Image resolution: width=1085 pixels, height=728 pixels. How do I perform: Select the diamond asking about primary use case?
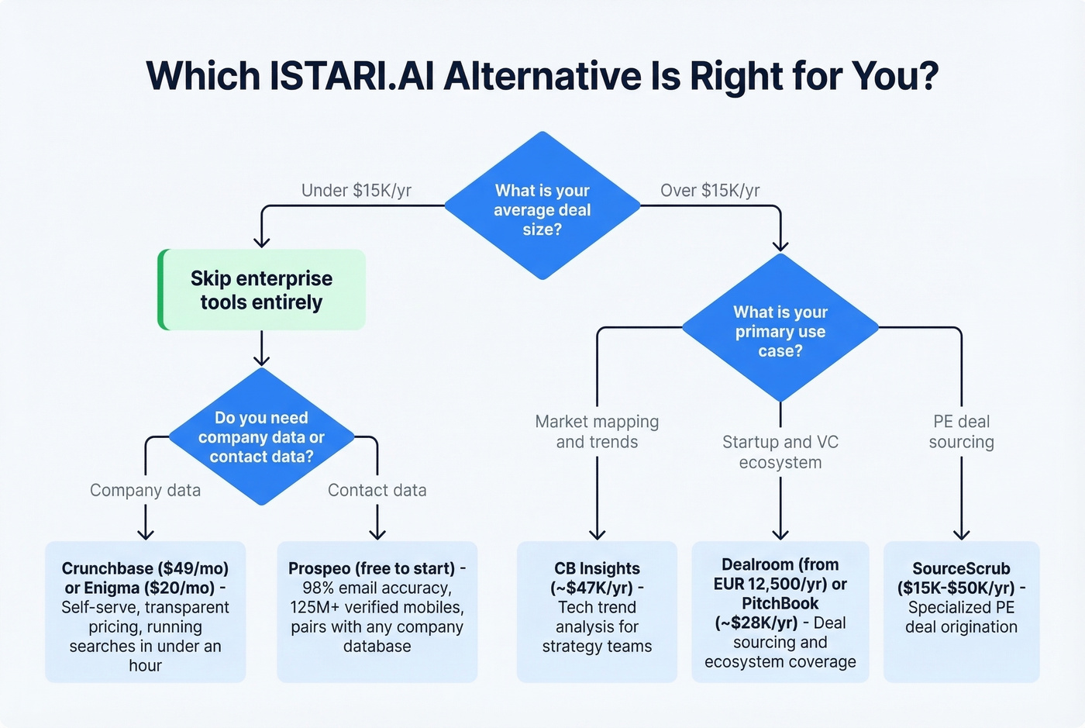pos(780,329)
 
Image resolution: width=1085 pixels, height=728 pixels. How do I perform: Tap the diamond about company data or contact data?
pos(261,437)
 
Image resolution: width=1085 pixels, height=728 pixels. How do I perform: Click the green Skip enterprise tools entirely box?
pos(262,290)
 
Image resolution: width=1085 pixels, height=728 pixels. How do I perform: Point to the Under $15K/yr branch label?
pos(356,191)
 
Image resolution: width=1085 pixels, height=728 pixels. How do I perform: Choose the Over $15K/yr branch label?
pos(710,191)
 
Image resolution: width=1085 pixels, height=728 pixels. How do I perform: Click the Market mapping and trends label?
pos(597,432)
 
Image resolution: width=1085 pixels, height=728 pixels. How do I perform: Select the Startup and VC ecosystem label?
pos(780,452)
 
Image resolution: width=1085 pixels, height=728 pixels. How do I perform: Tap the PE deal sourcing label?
pos(961,432)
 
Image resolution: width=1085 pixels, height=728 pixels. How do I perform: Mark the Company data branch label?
pos(145,490)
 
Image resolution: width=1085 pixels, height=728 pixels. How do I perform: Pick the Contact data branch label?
pos(377,490)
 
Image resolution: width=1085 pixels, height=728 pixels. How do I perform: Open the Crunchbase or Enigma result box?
pos(146,612)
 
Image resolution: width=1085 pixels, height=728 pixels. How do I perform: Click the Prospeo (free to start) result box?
pos(377,612)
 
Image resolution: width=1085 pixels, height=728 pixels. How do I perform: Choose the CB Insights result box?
pos(597,612)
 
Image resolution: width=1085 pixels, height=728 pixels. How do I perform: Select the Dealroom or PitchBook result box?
pos(780,612)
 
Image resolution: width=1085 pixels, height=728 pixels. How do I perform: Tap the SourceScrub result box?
pos(961,612)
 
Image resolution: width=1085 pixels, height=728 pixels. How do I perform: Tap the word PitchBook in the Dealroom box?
pos(780,603)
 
